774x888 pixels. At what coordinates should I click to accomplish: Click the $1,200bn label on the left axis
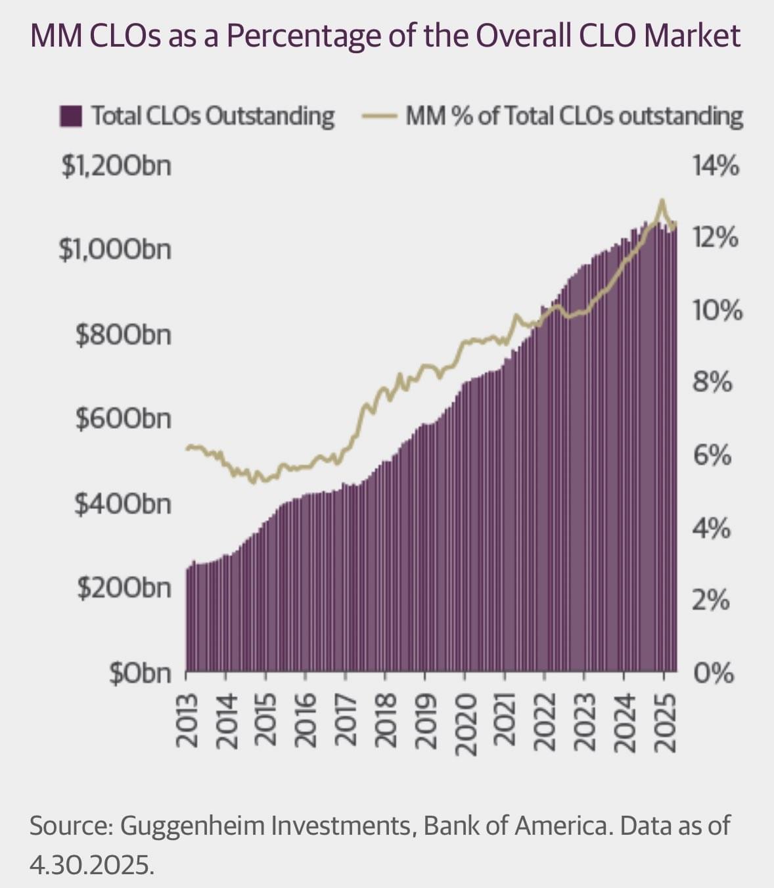click(116, 166)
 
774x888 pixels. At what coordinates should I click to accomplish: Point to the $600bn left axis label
click(123, 418)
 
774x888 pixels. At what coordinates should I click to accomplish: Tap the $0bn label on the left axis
click(140, 673)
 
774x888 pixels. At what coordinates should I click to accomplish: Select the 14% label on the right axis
click(716, 166)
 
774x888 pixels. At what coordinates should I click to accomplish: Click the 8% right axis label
click(712, 382)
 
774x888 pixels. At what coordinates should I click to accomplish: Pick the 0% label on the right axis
click(712, 673)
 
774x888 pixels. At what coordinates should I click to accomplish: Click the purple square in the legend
click(70, 116)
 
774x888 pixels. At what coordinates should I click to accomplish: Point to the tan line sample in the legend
click(378, 117)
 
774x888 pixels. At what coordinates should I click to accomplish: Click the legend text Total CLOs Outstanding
click(213, 116)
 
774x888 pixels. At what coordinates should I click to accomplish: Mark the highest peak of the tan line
click(662, 200)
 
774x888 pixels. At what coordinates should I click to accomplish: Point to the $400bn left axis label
click(123, 504)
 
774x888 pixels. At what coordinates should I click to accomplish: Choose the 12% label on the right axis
click(715, 238)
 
